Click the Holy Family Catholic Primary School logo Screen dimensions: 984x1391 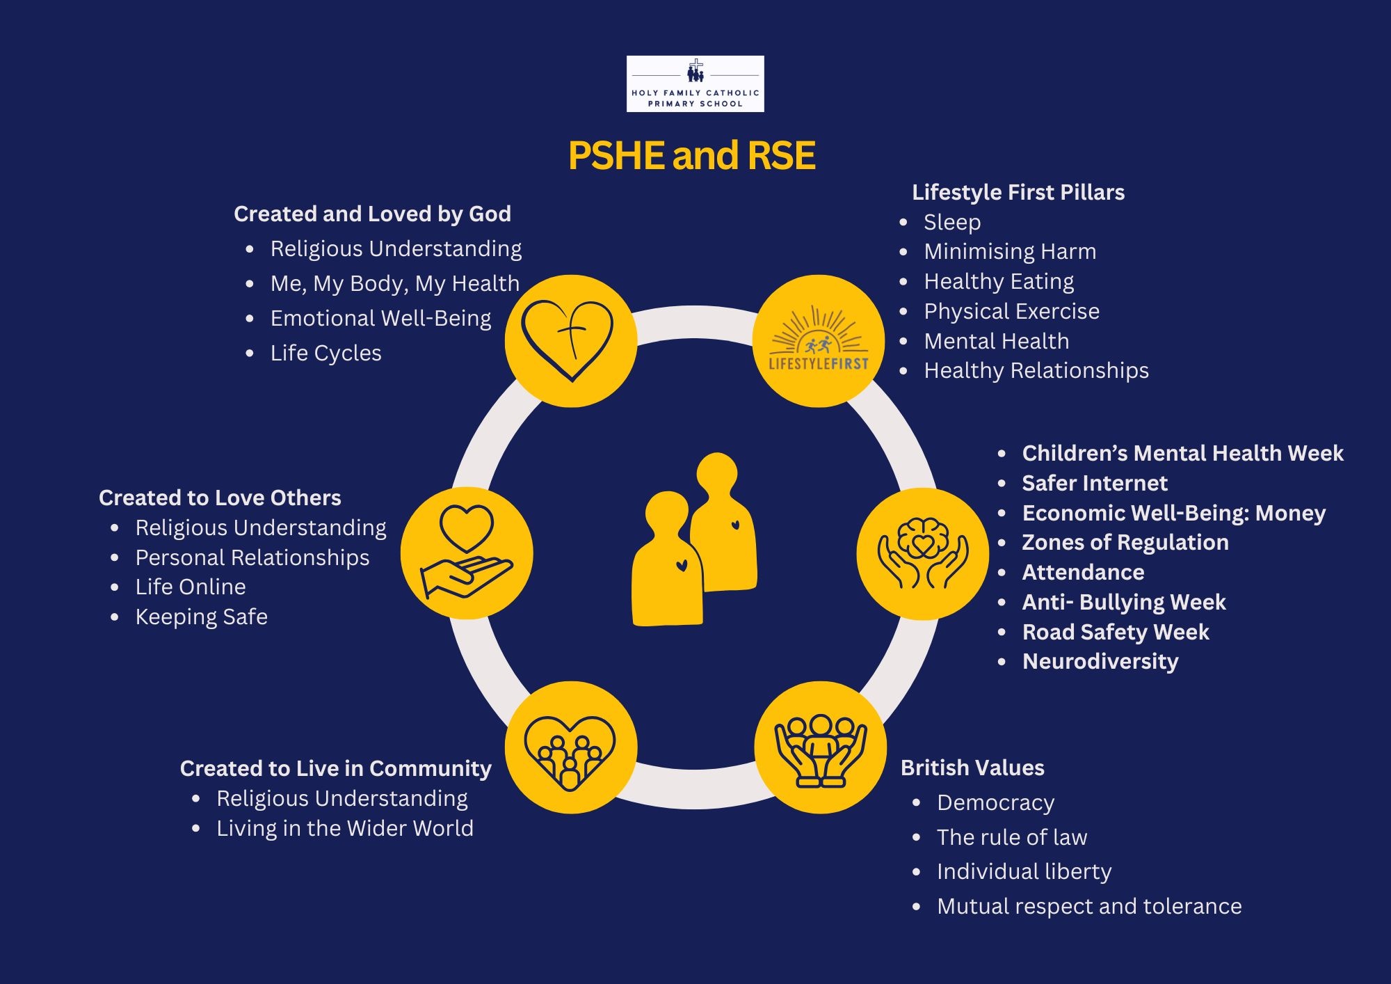pos(695,84)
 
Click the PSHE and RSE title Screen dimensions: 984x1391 pos(691,155)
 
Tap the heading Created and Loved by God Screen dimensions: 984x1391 pos(372,214)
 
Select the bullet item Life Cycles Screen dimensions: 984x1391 pos(325,353)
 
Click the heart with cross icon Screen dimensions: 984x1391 pos(570,340)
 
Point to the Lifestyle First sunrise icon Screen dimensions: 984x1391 pos(819,340)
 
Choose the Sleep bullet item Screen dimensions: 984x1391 pos(951,222)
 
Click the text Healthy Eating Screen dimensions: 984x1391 pos(998,281)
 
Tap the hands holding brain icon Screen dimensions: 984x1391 pos(922,553)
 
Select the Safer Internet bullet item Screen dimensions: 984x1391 pos(1094,483)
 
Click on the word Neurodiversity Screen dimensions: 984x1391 pos(1100,661)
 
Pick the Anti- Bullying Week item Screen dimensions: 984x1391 pos(1123,602)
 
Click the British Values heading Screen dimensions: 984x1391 pos(972,768)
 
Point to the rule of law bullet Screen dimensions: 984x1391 pos(1011,837)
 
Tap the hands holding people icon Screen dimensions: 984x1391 pos(820,748)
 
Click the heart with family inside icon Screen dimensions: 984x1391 pos(570,748)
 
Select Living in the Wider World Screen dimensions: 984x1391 pos(344,828)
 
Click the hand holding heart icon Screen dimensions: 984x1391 pos(467,553)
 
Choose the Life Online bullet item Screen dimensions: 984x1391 pos(190,587)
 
